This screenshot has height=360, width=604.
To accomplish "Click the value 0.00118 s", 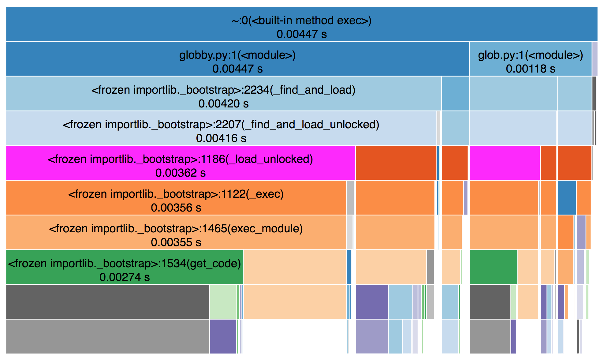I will (530, 69).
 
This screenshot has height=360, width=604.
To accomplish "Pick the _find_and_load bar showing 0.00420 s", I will (223, 93).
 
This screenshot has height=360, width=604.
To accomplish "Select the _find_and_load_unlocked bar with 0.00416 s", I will (221, 128).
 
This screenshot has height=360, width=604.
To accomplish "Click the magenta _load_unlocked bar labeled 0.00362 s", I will (180, 163).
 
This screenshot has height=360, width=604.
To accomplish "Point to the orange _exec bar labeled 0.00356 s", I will (176, 197).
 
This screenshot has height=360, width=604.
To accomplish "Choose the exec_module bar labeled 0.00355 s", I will (176, 232).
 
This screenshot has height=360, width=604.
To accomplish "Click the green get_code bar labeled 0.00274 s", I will (125, 267).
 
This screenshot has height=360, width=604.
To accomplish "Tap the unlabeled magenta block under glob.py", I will (505, 163).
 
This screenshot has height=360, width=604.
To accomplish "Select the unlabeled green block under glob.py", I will (493, 267).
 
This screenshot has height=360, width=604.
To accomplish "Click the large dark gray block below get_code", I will (107, 302).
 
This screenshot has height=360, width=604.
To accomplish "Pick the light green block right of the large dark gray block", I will (223, 302).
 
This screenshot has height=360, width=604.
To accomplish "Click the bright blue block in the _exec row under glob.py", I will (567, 197).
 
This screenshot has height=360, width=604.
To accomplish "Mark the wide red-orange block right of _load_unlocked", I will (396, 163).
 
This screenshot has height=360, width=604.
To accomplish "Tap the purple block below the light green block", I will (223, 336).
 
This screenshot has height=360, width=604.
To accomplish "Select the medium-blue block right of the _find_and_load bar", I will (455, 93).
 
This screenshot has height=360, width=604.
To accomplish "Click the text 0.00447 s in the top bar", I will (301, 34).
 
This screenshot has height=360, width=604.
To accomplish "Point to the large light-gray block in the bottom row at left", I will (107, 336).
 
